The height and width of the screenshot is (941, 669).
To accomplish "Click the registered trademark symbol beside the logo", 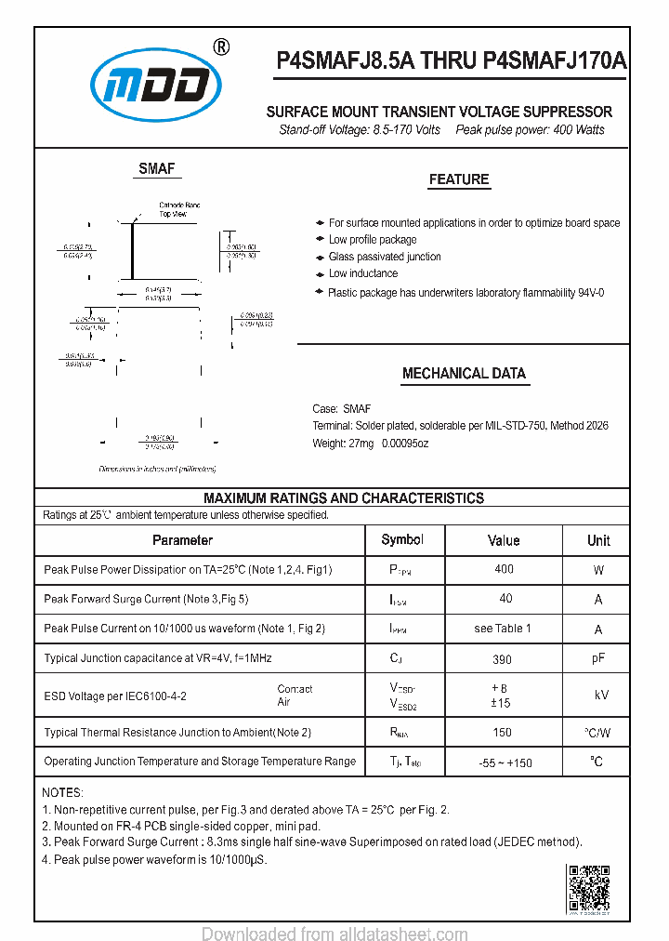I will point(222,47).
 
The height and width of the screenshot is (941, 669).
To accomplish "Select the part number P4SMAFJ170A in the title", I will point(554,60).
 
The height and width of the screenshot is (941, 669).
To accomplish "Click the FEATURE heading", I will point(458,179).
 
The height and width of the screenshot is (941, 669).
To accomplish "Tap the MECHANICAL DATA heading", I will point(464,374).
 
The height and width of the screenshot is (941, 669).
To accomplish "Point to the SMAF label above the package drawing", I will point(156,168).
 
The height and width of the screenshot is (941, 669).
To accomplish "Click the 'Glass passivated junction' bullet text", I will point(385,257).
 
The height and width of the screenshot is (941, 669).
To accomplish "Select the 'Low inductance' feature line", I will point(362,273).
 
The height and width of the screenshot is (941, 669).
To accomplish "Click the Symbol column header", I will point(402,540).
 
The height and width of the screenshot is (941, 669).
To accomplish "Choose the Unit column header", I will point(598,540).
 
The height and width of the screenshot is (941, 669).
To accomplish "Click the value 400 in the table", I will point(504,569).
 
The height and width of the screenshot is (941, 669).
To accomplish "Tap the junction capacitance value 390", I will point(503,658).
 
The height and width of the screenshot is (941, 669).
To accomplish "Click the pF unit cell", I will point(598,658).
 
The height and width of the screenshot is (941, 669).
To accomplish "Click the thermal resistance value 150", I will point(503,733).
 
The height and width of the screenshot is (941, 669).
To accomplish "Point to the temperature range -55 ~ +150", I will point(505,762).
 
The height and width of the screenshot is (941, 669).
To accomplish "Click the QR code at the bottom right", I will point(588,887).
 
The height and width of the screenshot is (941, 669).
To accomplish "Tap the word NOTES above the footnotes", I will point(62,792).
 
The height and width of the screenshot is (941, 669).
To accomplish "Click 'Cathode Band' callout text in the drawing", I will point(179,205).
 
